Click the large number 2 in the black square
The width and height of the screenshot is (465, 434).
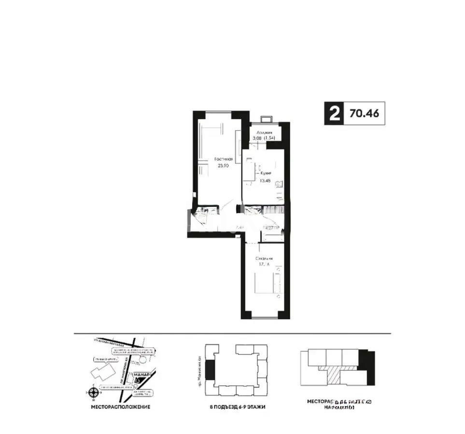(333, 114)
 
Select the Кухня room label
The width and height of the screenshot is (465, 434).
(265, 173)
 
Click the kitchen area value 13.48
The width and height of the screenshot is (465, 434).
(264, 181)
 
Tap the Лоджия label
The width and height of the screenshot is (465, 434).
(264, 132)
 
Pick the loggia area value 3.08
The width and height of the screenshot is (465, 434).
(257, 138)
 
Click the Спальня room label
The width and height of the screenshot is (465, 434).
(265, 258)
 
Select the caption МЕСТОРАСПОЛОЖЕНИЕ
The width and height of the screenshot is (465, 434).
(120, 407)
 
